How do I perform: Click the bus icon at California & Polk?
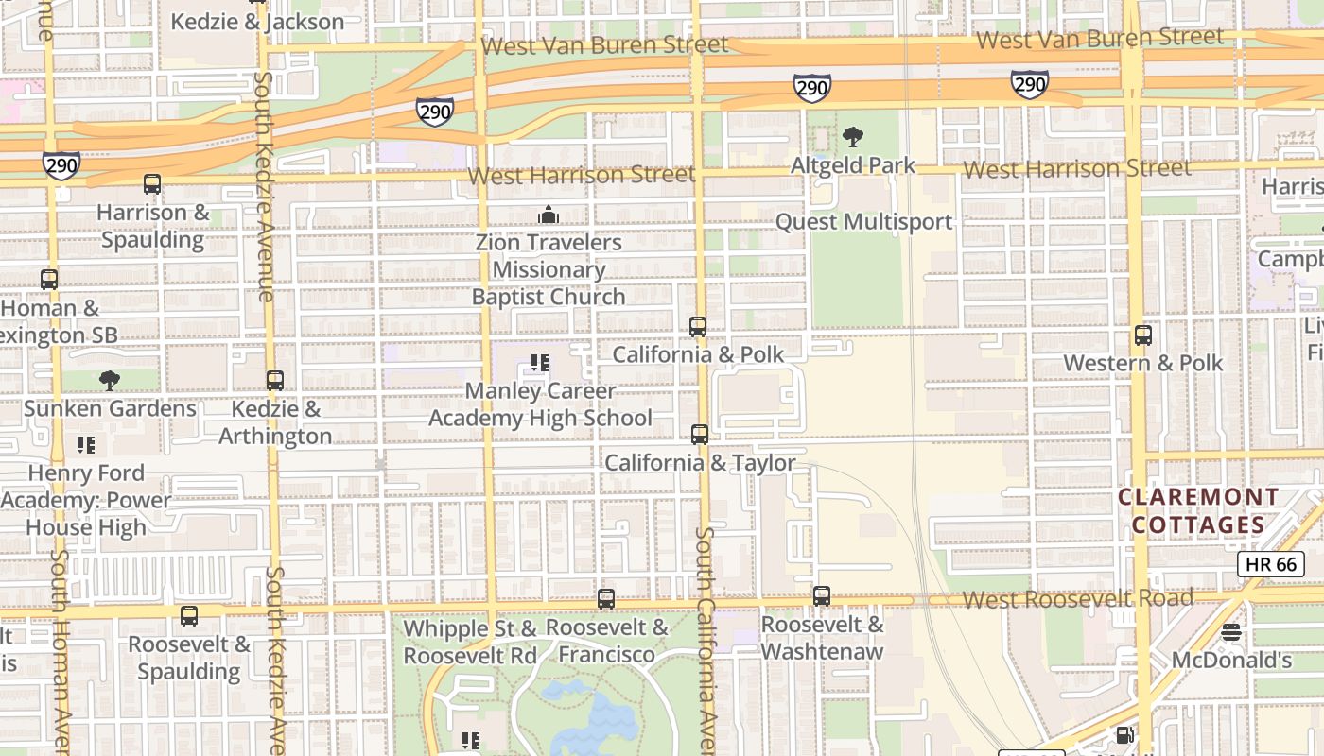coord(698,327)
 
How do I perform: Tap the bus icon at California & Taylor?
coord(700,435)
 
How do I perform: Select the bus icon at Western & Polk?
coord(1143,335)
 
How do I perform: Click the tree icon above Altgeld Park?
coord(853,137)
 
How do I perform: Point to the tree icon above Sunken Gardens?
coord(110,381)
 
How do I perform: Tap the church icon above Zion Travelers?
coord(548,215)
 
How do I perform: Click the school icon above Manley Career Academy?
coord(540,363)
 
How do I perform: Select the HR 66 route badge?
coord(1271,564)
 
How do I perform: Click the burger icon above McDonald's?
coord(1230,632)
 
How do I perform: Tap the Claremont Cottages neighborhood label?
coord(1198,510)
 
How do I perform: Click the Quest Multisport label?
coord(863,221)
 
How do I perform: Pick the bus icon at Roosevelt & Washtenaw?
coord(822,596)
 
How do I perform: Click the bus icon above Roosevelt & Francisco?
coord(606,599)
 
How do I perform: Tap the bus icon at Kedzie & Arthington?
coord(275,381)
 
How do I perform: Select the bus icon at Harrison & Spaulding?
coord(152,184)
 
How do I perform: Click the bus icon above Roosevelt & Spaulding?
coord(189,616)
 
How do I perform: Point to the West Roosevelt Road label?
coord(1078,598)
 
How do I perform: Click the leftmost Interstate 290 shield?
coord(61,166)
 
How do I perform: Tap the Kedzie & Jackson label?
coord(256,21)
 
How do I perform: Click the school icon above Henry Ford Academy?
coord(86,445)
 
